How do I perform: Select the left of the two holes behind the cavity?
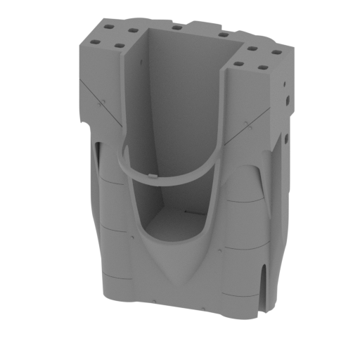coord(174,27)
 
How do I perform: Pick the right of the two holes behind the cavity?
coord(222,34)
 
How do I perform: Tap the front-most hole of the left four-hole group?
coord(119,46)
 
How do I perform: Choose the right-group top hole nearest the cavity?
coord(239,64)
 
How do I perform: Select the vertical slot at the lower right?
coord(265,288)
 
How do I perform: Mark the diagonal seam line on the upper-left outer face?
coord(98,98)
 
